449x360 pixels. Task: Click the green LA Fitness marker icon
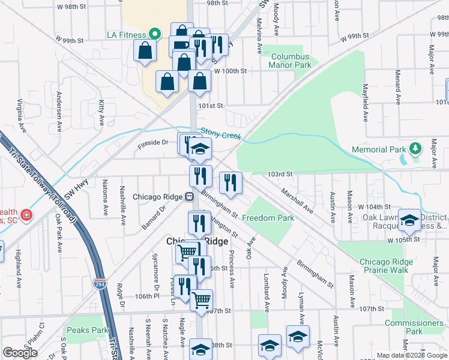[154, 34]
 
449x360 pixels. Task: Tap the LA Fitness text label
[126, 34]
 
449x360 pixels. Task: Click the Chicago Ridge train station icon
[188, 196]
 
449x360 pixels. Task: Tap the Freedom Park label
[268, 218]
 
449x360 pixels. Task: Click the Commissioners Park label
[414, 327]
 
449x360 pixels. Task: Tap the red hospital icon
[26, 215]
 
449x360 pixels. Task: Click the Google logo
[20, 353]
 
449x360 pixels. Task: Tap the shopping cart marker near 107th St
[202, 299]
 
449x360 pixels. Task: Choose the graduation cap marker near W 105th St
[410, 221]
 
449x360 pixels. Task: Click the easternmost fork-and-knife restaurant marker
[231, 182]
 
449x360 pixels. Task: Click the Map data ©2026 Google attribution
[411, 355]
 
